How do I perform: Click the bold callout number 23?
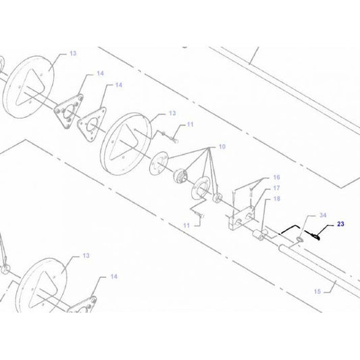pos(340,223)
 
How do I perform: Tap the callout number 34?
pos(323,215)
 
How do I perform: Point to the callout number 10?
pos(222,147)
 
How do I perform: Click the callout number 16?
pos(276,177)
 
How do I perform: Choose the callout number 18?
pos(276,200)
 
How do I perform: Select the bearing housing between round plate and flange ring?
pos(182,177)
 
